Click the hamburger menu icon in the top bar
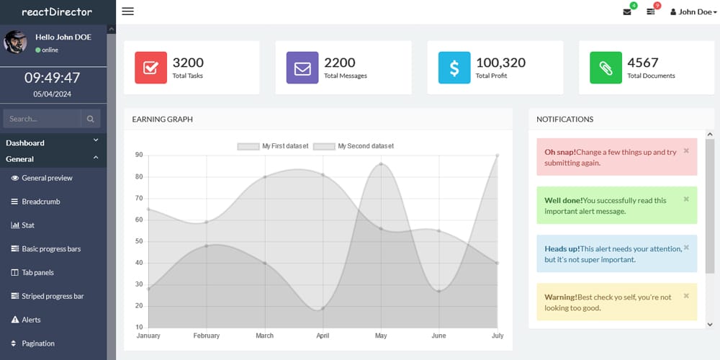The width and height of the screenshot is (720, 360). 128,12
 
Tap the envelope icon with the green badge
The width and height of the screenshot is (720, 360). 627,12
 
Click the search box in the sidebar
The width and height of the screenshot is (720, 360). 42,119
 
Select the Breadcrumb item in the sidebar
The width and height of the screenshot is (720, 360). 40,202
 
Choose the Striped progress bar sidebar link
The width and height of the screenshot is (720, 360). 53,296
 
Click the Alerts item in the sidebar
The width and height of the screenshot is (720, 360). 31,320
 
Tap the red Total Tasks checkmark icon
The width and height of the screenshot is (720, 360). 150,68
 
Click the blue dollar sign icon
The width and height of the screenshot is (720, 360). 454,68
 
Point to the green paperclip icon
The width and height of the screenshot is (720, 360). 606,68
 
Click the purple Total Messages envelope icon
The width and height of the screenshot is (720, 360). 302,68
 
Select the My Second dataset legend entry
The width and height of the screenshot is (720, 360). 354,146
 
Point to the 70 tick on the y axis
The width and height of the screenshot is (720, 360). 138,198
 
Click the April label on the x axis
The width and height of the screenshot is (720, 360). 323,336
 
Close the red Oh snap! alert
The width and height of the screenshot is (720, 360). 686,150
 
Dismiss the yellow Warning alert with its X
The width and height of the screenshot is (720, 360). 686,295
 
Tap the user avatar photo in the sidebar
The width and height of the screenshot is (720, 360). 16,42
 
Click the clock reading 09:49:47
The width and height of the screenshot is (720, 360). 53,78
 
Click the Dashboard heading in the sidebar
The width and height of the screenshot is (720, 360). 25,143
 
